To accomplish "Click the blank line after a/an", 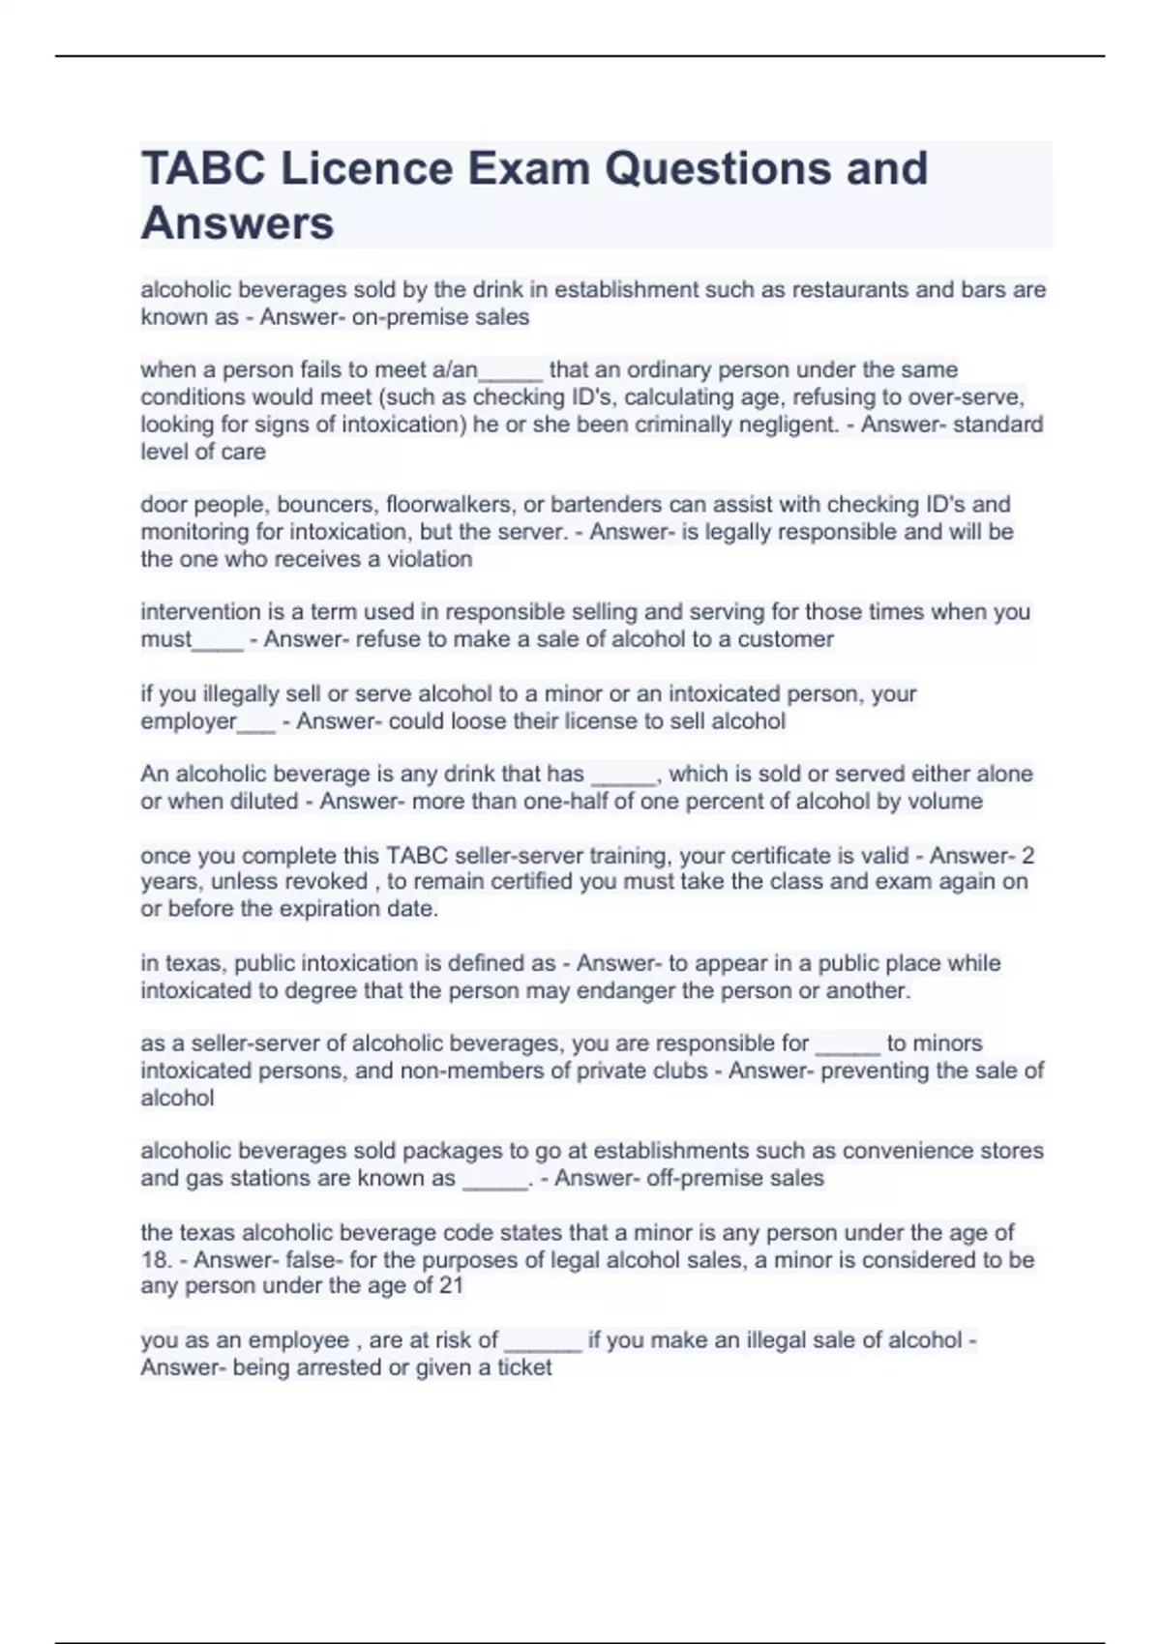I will click(x=511, y=371).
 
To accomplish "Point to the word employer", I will click(x=189, y=721).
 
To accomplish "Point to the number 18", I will click(x=155, y=1260).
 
